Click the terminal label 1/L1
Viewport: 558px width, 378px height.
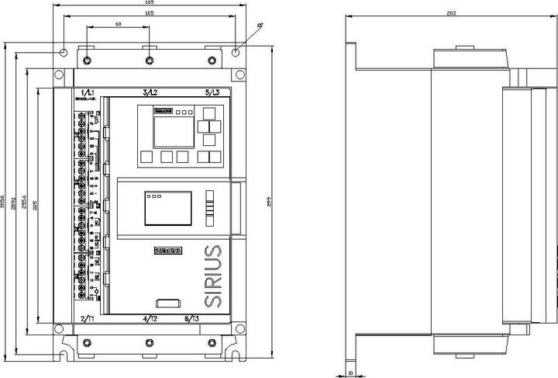(87, 92)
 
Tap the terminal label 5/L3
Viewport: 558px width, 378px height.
(212, 92)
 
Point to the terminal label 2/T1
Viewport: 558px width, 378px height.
(88, 319)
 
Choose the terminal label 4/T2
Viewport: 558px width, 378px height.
(150, 319)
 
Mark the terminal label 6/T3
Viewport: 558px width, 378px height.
(212, 319)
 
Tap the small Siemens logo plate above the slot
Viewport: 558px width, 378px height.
(169, 250)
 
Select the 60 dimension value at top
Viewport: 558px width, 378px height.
(118, 25)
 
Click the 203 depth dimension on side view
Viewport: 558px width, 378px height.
(451, 13)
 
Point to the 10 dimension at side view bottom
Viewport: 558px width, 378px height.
(351, 373)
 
